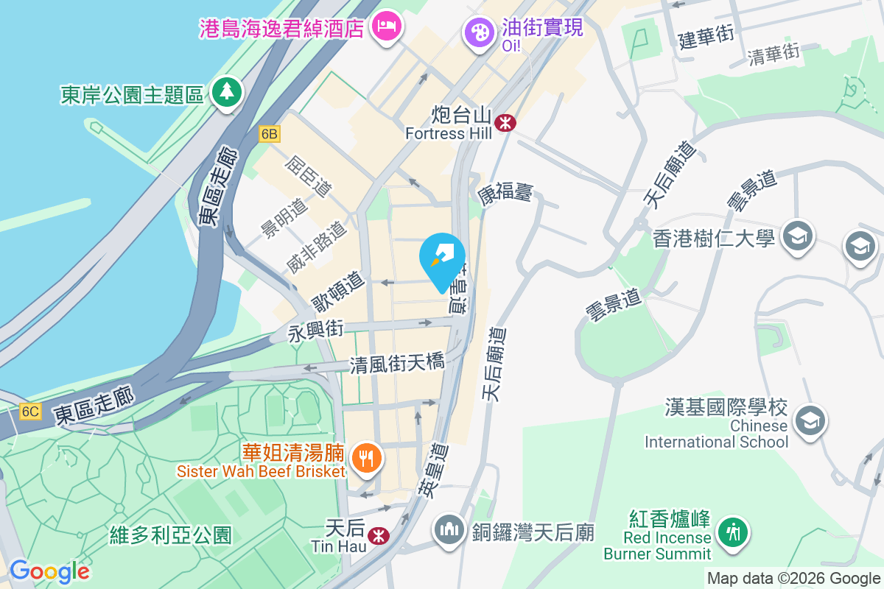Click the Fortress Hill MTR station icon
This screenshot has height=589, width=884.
pyautogui.click(x=505, y=122)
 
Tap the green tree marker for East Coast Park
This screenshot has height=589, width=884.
pyautogui.click(x=227, y=92)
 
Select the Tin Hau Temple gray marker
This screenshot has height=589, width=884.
pyautogui.click(x=449, y=530)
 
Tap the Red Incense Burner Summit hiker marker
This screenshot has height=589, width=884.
pyautogui.click(x=733, y=531)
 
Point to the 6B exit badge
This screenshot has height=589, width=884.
pyautogui.click(x=270, y=134)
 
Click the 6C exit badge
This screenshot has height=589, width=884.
pyautogui.click(x=29, y=412)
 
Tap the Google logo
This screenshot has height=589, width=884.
pyautogui.click(x=49, y=571)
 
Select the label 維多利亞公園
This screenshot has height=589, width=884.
pyautogui.click(x=171, y=535)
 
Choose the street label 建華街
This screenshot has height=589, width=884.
pyautogui.click(x=706, y=36)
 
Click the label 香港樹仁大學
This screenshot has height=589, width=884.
pyautogui.click(x=714, y=239)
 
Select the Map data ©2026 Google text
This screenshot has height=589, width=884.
pyautogui.click(x=793, y=579)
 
